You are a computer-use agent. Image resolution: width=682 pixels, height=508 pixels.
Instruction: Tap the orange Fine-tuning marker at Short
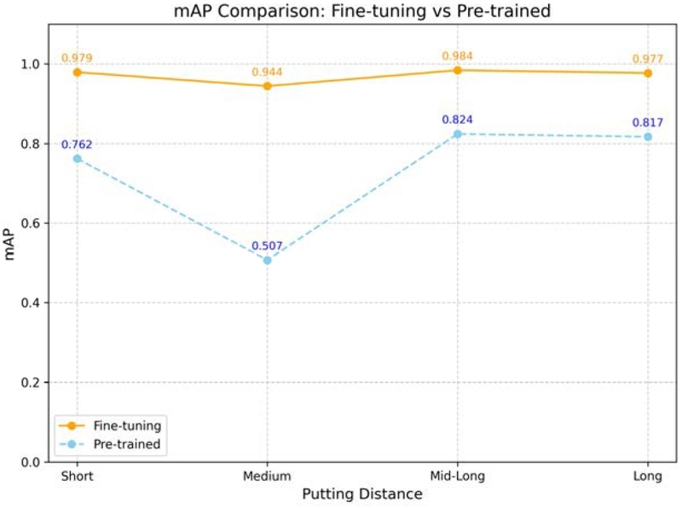click(x=77, y=72)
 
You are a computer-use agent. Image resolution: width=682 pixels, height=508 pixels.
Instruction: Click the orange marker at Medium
click(x=267, y=86)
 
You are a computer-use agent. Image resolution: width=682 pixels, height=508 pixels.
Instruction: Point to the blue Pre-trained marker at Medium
click(x=267, y=260)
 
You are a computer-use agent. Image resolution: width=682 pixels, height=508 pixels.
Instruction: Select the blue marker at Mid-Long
click(x=458, y=134)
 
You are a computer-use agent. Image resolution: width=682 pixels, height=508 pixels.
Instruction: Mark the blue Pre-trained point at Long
click(x=648, y=136)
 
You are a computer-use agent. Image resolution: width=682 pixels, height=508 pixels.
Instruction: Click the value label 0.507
click(x=267, y=246)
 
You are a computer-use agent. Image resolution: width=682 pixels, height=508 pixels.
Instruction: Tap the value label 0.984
click(x=458, y=56)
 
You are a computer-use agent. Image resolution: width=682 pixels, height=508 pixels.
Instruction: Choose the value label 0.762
click(x=77, y=144)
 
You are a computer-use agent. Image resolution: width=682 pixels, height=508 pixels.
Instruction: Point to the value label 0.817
click(x=648, y=123)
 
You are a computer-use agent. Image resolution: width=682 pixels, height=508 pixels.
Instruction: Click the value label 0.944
click(x=267, y=72)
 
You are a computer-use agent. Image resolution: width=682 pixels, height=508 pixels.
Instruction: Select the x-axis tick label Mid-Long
click(x=458, y=476)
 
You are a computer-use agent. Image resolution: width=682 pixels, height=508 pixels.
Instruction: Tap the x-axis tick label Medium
click(x=267, y=476)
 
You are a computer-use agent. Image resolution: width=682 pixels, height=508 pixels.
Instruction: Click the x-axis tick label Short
click(x=77, y=476)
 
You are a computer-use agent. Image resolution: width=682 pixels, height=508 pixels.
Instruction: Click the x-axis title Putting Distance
click(x=362, y=494)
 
